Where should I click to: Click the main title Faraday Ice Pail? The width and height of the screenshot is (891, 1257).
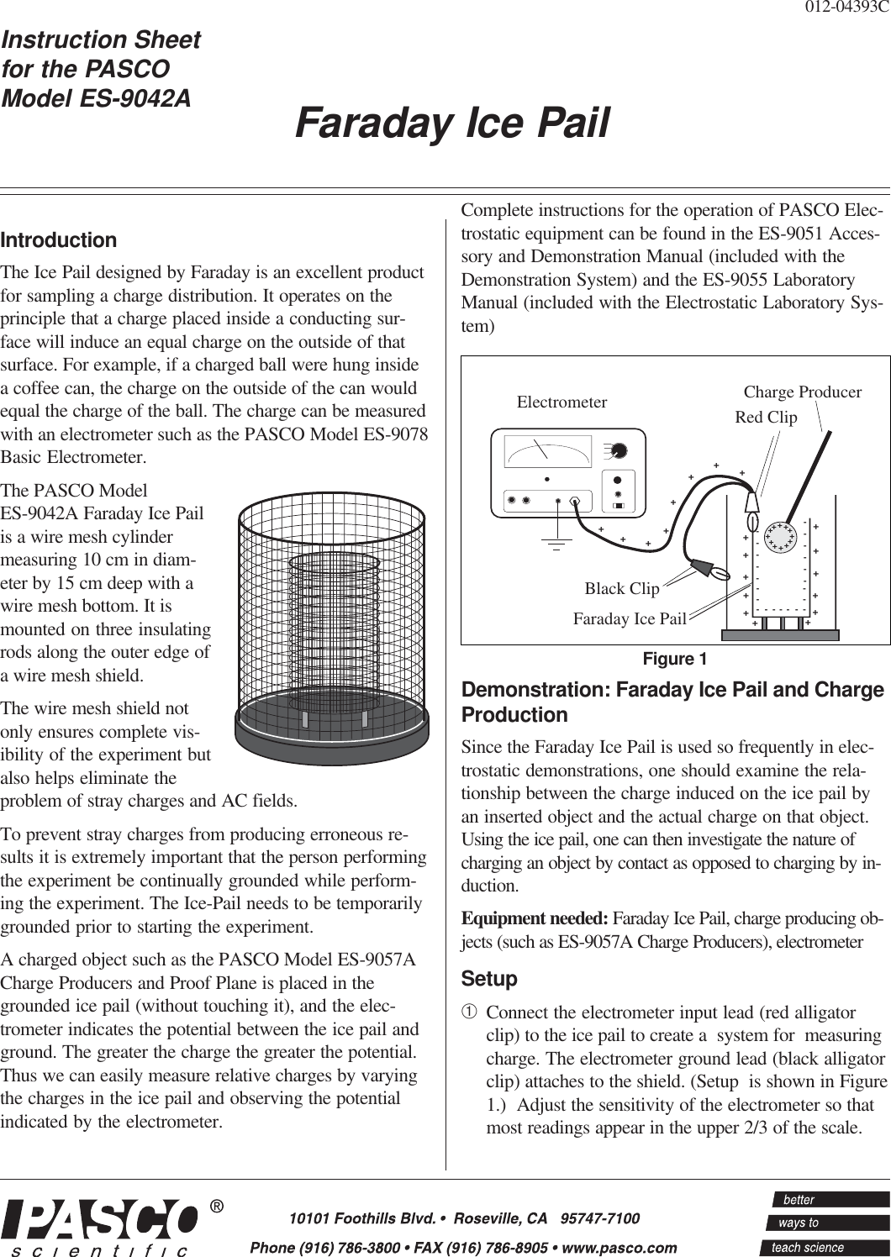point(451,124)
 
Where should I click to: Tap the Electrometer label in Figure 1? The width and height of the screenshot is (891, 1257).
point(561,402)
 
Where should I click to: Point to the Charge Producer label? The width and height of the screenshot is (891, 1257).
point(803,392)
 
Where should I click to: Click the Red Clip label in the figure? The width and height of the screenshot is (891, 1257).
point(766,417)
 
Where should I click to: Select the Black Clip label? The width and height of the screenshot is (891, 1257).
point(622,588)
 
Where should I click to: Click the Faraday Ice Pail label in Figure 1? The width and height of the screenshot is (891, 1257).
point(630,619)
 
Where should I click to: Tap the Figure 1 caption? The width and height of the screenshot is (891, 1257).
point(676,658)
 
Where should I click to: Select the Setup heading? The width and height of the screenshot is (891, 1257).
point(490,980)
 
